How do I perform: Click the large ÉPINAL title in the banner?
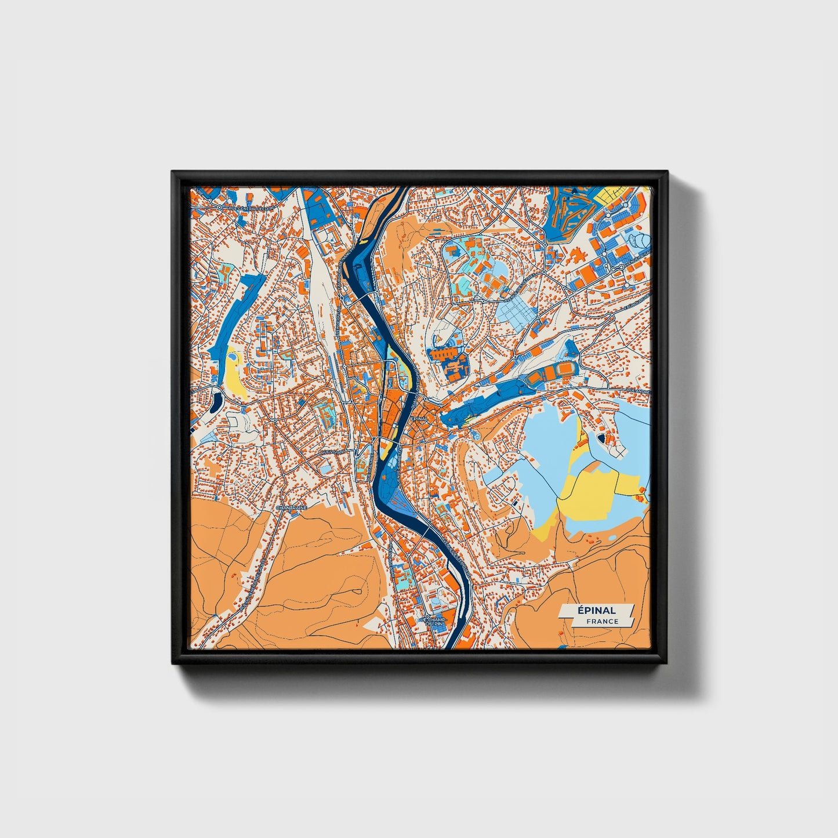(x=596, y=610)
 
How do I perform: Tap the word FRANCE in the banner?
(x=602, y=621)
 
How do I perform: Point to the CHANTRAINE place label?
(x=291, y=507)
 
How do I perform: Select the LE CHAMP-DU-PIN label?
(x=432, y=622)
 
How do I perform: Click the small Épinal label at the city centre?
(x=418, y=418)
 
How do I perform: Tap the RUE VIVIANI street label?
(x=332, y=451)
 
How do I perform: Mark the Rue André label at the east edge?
(x=640, y=392)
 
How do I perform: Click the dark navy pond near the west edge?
(x=217, y=400)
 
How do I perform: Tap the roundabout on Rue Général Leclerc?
(x=220, y=206)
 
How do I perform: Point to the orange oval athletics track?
(x=557, y=369)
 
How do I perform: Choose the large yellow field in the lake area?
(x=586, y=493)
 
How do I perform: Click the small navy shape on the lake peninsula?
(x=601, y=437)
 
